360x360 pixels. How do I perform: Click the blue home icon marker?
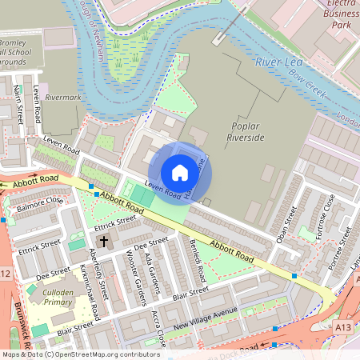coord(180,173)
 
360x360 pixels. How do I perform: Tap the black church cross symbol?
coord(103,240)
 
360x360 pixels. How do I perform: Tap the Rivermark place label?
coord(63,97)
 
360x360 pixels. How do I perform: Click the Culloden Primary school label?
coord(57,298)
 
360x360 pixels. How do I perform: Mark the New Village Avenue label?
coord(206,319)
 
